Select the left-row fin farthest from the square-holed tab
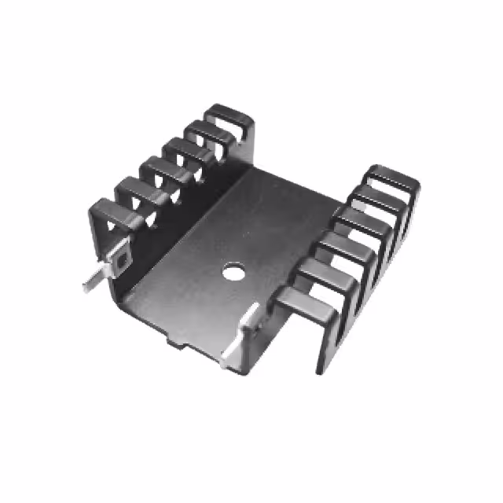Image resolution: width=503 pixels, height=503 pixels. coord(230,116)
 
